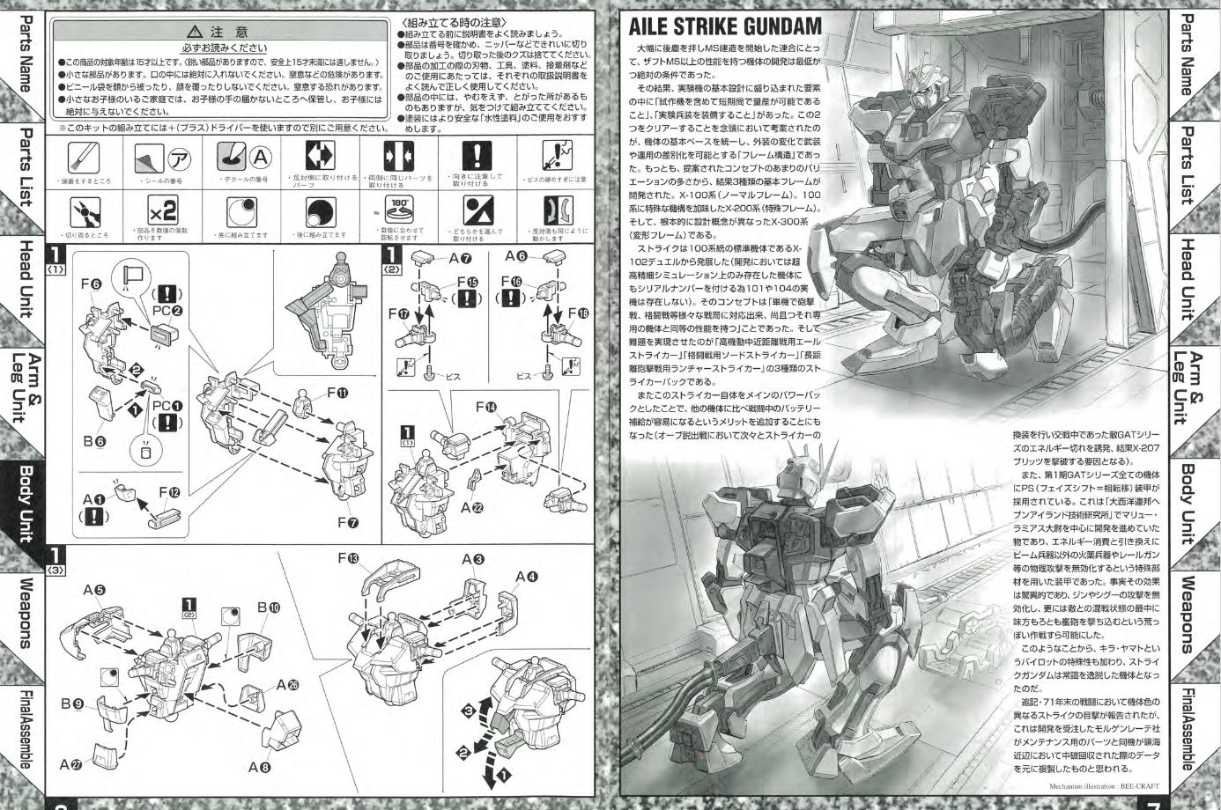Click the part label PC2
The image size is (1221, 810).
[166, 311]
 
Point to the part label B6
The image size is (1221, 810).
[96, 441]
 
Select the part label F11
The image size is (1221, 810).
[336, 394]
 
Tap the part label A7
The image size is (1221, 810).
[460, 259]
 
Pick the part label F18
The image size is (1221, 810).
[578, 313]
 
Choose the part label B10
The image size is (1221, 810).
[269, 607]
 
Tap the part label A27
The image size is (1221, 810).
[70, 765]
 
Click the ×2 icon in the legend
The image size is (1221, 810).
[164, 212]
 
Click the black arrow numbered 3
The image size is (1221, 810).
[470, 711]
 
